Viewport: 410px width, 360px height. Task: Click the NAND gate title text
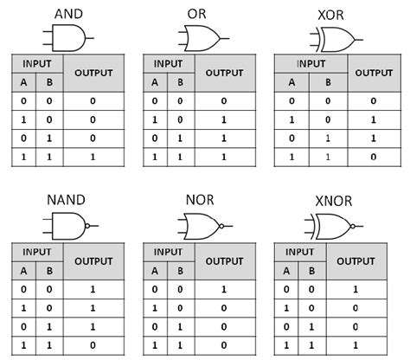tap(67, 201)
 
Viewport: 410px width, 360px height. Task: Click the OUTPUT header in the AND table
tap(93, 74)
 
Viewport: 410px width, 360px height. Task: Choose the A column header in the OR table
tap(155, 83)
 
